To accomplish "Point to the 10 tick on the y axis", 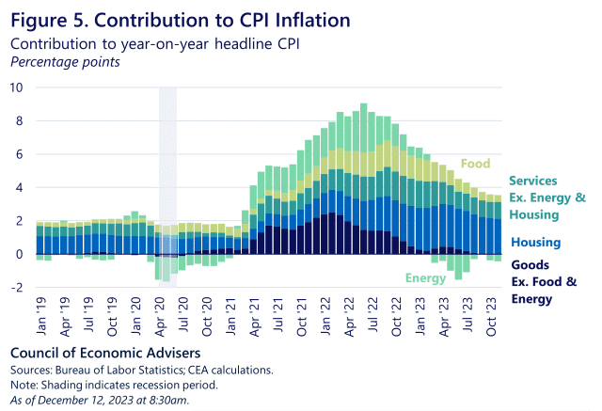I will [16, 87].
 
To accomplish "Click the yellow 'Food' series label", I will [474, 164].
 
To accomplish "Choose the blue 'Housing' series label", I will [534, 243].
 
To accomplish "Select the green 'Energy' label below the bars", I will [425, 277].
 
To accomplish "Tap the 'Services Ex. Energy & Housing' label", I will [546, 198].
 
